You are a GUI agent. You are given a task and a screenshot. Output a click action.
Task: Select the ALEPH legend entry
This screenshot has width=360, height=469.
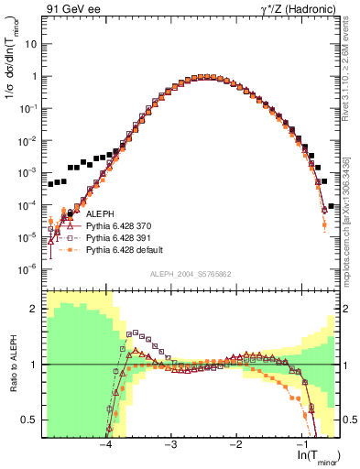(102, 213)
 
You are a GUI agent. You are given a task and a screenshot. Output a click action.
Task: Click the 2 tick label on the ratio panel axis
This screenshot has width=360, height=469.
(34, 309)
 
